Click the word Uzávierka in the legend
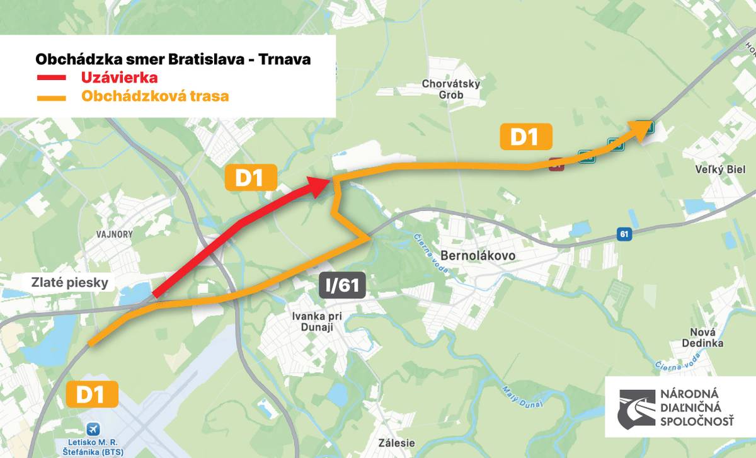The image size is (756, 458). (118, 78)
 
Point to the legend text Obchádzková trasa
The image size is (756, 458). (155, 97)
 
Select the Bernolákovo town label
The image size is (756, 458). (479, 256)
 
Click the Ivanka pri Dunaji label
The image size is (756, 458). (316, 321)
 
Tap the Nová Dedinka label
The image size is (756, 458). (702, 338)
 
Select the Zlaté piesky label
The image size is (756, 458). (70, 283)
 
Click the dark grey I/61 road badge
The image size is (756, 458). (342, 285)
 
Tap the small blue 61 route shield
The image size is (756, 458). (624, 234)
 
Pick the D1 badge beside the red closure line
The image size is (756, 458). (250, 178)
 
